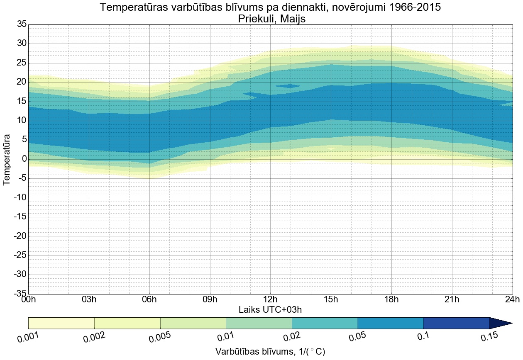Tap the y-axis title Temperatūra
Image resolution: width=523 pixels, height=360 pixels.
coord(7,159)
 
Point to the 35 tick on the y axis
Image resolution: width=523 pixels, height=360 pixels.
coord(22,24)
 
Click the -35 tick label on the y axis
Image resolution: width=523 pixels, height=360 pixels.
coord(20,294)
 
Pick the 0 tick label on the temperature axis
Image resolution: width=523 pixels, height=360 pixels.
coord(24,159)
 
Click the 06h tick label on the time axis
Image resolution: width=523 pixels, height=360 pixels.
coord(149,300)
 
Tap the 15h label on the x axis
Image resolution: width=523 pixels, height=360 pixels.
coord(331,300)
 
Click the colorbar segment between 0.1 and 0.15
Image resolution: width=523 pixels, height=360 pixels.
coord(456,323)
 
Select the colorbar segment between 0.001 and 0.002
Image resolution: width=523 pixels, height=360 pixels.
coord(61,323)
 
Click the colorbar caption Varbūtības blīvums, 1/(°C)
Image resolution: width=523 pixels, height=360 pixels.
coord(270,351)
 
